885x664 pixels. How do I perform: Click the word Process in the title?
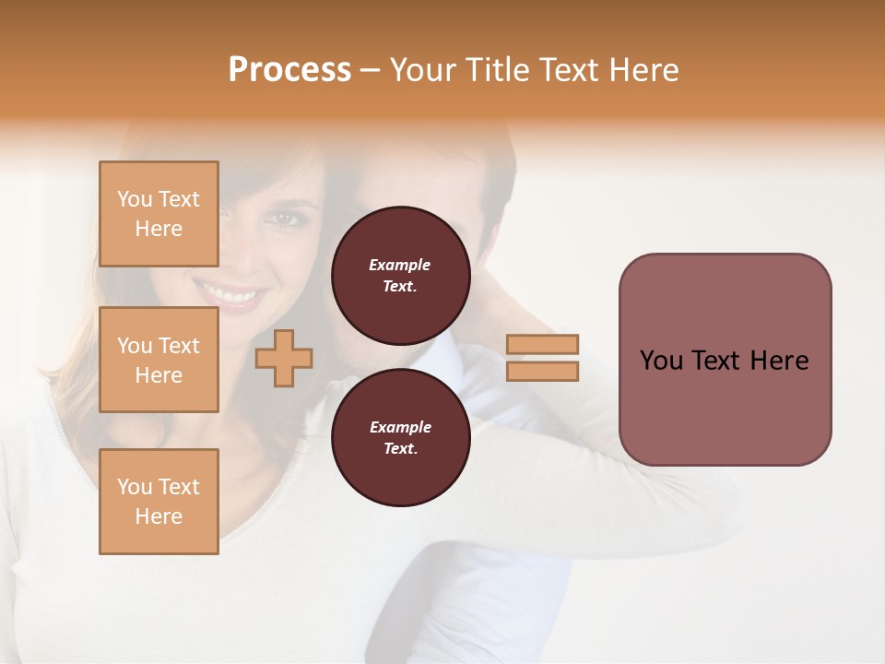click(x=289, y=70)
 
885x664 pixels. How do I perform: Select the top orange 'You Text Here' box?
click(x=159, y=214)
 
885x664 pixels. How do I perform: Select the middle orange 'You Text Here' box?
click(x=159, y=360)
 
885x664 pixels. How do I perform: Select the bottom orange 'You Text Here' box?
click(x=159, y=502)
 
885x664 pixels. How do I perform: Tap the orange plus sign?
click(x=284, y=358)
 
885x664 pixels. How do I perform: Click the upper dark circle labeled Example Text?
click(x=400, y=276)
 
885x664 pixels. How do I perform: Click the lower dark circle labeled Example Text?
click(x=400, y=438)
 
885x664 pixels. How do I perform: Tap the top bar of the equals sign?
click(x=542, y=345)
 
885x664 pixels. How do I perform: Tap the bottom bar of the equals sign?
click(x=542, y=371)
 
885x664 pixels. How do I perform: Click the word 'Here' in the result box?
click(x=779, y=361)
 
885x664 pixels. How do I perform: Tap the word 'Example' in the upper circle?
click(x=400, y=265)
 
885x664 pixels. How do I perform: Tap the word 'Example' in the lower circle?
click(x=400, y=427)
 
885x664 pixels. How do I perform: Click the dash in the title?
click(x=370, y=70)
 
